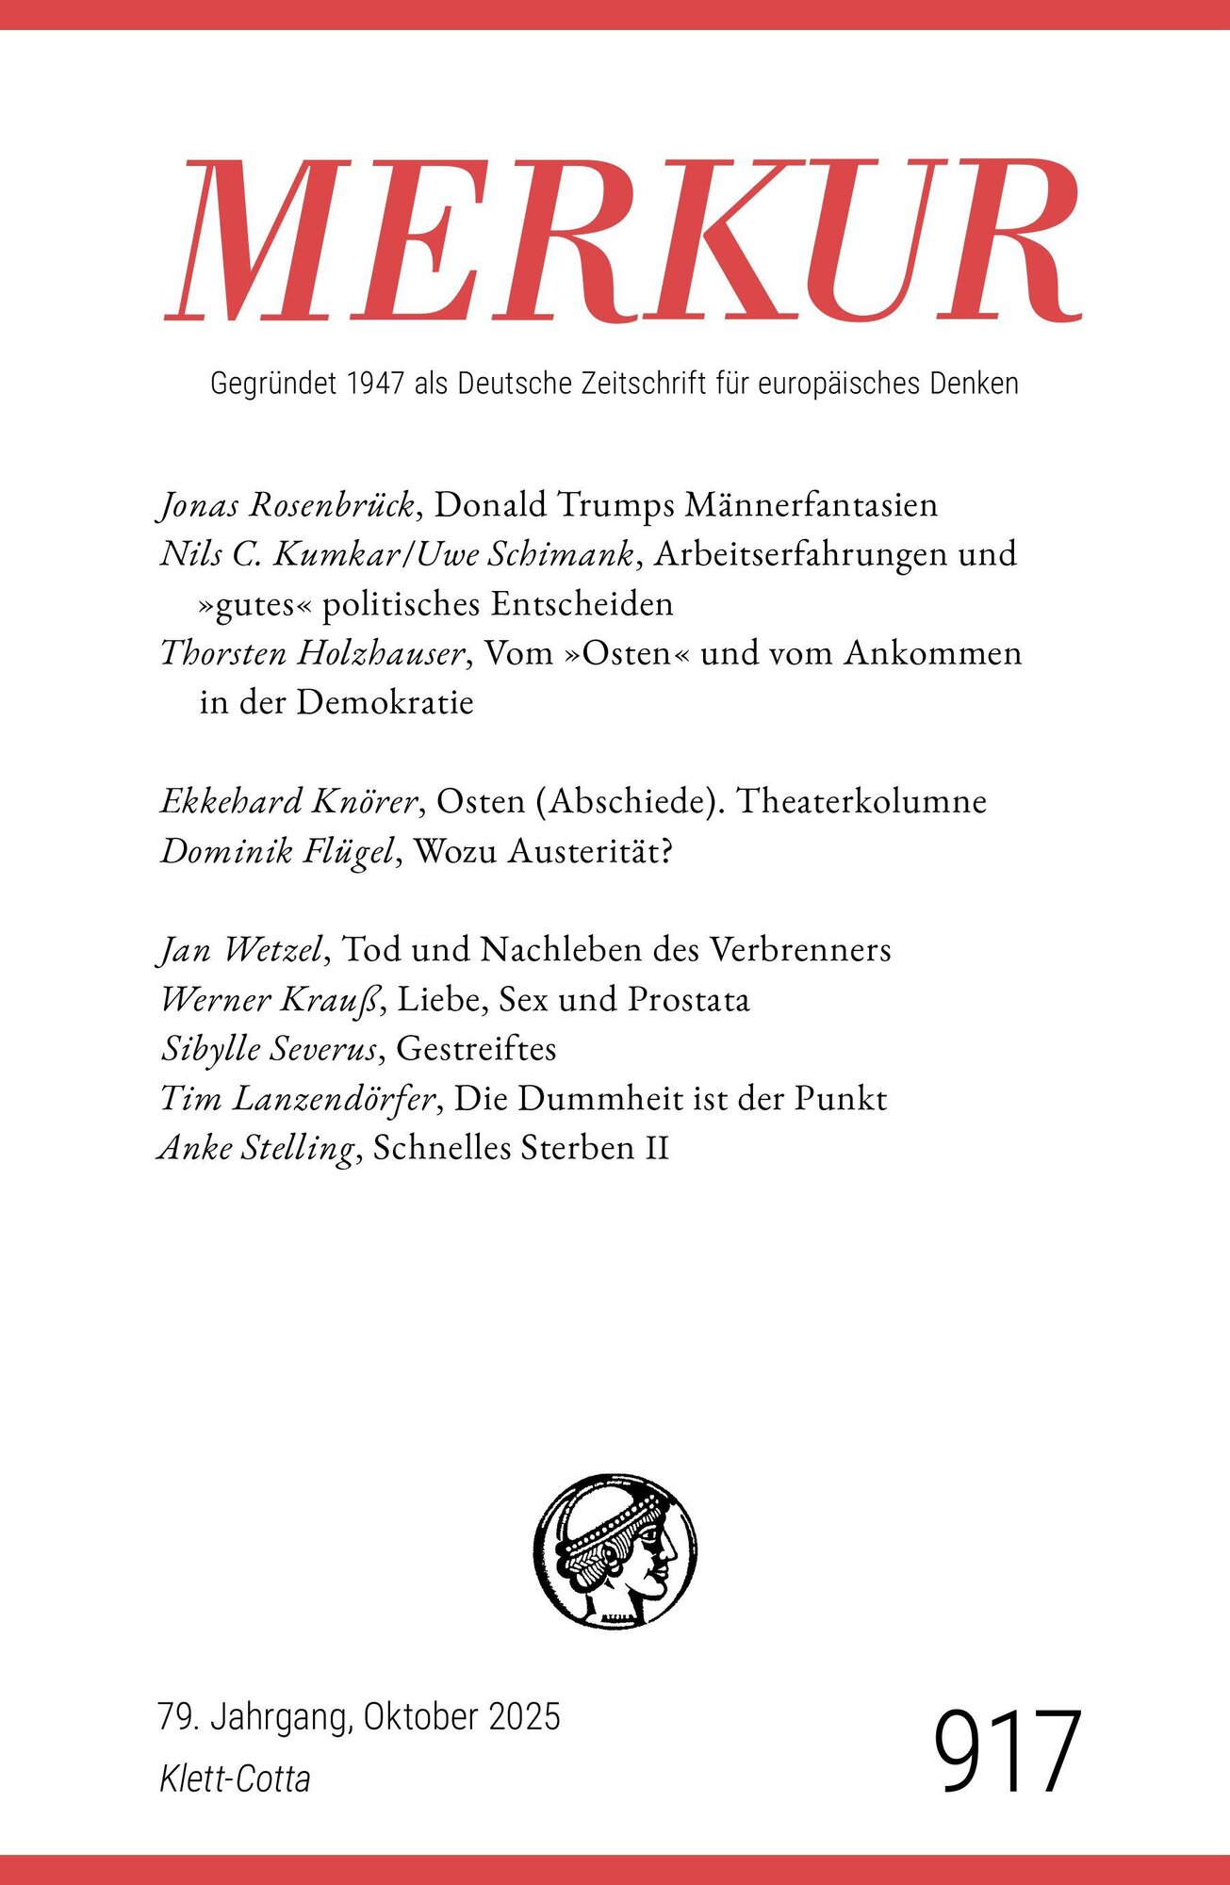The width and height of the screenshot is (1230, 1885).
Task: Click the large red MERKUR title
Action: pos(622,242)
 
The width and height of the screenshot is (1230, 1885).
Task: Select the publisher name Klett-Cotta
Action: pos(235,1778)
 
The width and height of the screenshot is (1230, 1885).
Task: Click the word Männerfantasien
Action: pos(811,506)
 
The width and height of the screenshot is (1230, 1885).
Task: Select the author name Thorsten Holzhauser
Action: pos(314,653)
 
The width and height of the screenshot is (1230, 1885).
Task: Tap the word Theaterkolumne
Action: pos(861,801)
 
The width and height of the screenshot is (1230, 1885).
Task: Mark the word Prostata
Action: pos(688,999)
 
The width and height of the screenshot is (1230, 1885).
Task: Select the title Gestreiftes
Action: pos(476,1049)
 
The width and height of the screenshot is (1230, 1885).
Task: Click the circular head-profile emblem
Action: pos(615,1552)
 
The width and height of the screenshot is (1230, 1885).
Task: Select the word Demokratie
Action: pos(385,702)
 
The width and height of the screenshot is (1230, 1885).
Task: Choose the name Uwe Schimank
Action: pos(525,554)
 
